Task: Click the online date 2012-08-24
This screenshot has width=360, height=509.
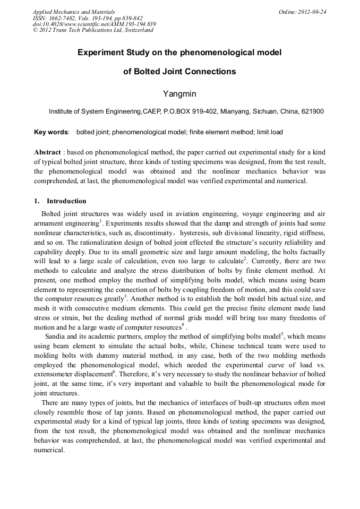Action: [x=312, y=12]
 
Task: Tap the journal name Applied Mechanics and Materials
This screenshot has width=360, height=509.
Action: [x=74, y=12]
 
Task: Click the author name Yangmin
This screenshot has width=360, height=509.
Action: [x=179, y=94]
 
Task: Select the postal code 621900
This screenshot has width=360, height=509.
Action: [x=312, y=112]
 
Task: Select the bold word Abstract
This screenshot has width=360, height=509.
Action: [x=47, y=152]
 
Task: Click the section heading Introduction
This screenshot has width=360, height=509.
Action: [x=66, y=201]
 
